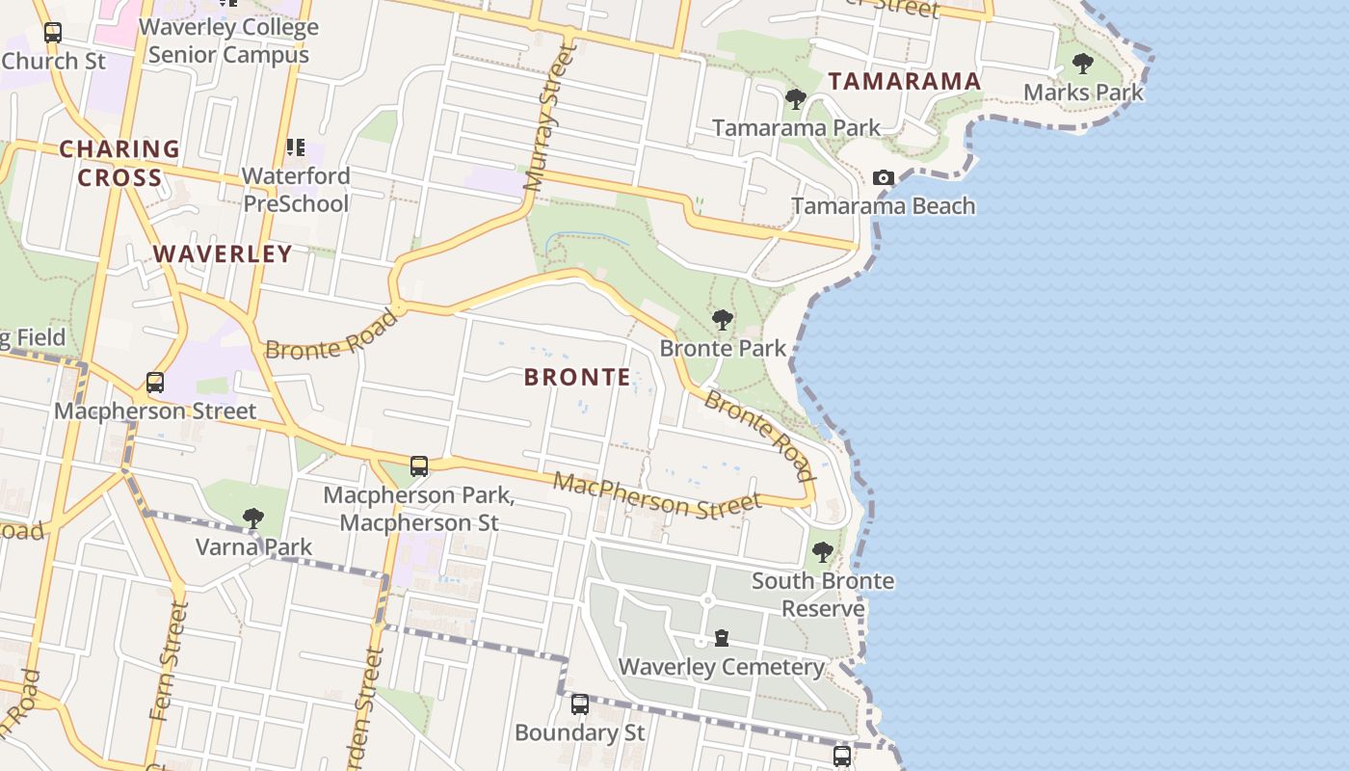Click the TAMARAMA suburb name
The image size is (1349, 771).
pos(905,82)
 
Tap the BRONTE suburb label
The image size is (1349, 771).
pos(577,378)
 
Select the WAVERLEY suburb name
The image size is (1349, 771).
pos(223,254)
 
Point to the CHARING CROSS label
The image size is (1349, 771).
pos(119,163)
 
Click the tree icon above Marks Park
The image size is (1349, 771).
pos(1083,65)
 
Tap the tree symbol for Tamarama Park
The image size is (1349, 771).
pos(796,98)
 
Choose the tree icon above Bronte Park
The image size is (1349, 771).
pos(722,320)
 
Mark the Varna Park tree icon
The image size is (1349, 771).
pos(253,518)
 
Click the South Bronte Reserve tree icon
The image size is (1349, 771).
pos(822,552)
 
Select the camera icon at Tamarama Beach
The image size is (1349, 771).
pos(883,177)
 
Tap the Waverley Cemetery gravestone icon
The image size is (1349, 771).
pos(722,638)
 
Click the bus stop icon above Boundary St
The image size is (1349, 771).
pos(579,705)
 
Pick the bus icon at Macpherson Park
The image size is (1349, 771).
pos(419,466)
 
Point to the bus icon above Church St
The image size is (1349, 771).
pos(53,33)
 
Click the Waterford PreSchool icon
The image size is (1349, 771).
pos(295,147)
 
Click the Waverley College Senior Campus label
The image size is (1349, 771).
pos(229,40)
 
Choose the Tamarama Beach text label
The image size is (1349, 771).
pos(884,206)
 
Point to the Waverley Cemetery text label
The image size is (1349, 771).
pos(721,667)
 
